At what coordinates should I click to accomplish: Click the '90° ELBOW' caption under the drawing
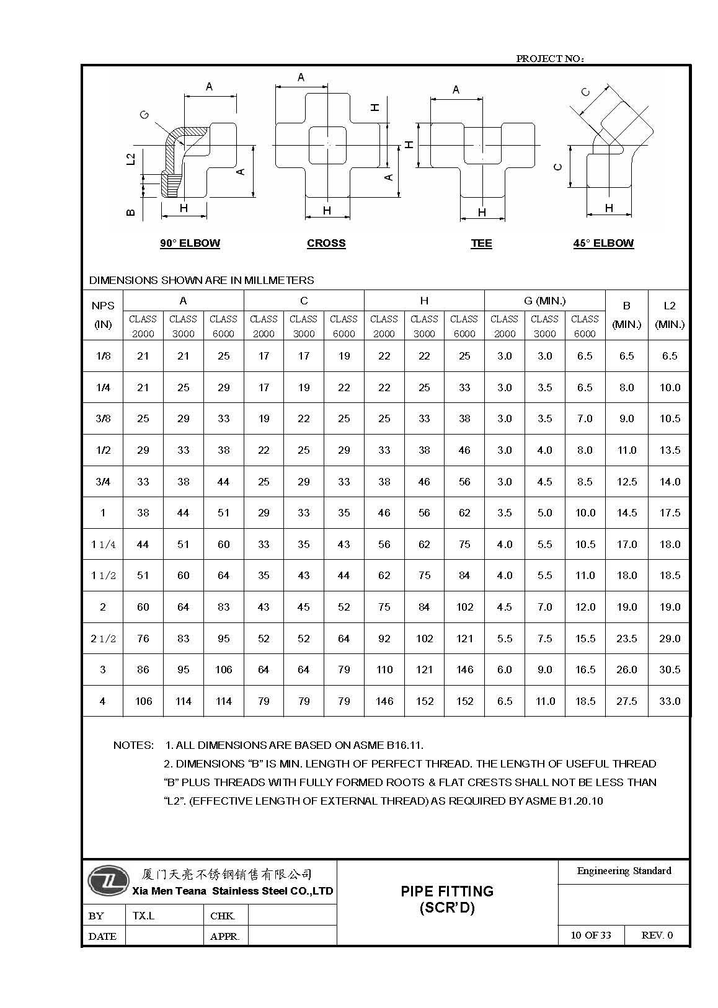pos(190,243)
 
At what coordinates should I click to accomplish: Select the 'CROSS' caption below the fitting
pos(326,243)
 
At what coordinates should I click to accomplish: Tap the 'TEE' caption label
pos(481,243)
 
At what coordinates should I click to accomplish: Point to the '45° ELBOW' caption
pos(603,243)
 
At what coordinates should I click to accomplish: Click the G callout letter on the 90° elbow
pos(144,115)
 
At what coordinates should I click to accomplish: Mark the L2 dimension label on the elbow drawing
pos(130,159)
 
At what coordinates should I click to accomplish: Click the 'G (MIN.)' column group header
pos(544,301)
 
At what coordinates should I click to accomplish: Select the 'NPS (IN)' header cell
pos(103,315)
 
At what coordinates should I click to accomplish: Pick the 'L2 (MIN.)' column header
pos(669,315)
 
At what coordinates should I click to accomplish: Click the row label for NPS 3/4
pos(103,482)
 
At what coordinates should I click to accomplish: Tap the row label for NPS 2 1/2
pos(103,639)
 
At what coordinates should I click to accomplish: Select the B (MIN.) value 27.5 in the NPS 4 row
pos(626,701)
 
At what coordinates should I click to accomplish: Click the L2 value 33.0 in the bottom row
pos(670,701)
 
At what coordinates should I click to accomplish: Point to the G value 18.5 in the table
pos(585,701)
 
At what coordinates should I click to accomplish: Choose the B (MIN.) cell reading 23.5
pos(626,639)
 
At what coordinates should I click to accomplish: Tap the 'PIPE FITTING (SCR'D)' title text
pos(447,900)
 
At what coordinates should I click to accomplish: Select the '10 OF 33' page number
pos(590,935)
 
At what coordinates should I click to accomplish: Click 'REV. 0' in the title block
pos(657,935)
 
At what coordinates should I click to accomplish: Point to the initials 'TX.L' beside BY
pos(143,916)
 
